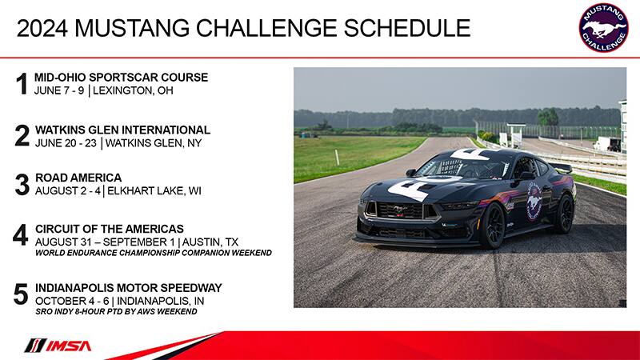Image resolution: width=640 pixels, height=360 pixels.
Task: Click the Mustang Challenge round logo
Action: (604, 28)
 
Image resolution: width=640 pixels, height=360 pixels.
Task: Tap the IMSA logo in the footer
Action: (58, 346)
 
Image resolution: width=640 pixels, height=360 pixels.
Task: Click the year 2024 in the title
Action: (42, 29)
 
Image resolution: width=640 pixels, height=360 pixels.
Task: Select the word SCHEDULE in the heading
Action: (407, 28)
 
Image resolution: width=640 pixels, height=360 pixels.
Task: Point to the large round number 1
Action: (22, 84)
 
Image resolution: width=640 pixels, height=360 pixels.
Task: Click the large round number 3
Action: (22, 185)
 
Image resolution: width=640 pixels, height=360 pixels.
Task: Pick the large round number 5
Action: (21, 294)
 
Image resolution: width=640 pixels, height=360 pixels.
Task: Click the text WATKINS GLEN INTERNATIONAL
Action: (122, 130)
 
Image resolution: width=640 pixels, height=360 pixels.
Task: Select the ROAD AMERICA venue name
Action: (78, 178)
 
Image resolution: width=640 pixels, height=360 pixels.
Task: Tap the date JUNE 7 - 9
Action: (59, 90)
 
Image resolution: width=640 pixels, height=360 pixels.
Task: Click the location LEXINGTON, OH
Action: (133, 90)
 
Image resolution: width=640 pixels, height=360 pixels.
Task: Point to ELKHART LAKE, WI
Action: (154, 191)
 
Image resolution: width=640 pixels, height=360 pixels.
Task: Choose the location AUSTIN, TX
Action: (210, 242)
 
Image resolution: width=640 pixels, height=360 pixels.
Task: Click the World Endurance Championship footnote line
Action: (154, 253)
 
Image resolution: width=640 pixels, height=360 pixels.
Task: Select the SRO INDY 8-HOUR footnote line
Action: (116, 311)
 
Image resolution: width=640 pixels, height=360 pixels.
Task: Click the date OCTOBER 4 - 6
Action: (72, 302)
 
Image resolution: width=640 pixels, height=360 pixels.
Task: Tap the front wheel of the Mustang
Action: (493, 226)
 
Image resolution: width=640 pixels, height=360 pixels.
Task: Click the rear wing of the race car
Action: (560, 167)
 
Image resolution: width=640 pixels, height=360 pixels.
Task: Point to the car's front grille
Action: (399, 210)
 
